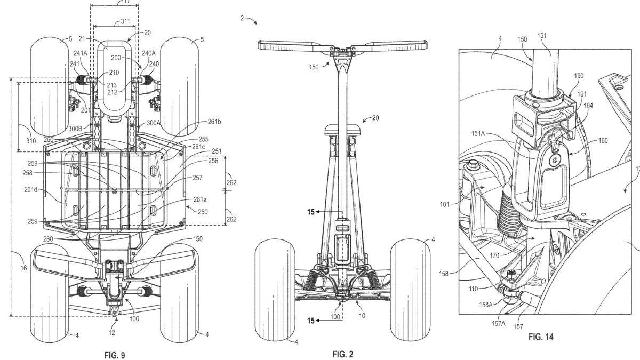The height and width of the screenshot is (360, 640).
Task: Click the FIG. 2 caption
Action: (342, 354)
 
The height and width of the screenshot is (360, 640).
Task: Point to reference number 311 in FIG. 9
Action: (125, 22)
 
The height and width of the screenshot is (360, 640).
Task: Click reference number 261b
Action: (214, 122)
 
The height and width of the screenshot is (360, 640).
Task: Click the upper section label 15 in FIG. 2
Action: (310, 212)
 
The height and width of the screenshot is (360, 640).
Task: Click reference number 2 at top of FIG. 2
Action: (242, 18)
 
